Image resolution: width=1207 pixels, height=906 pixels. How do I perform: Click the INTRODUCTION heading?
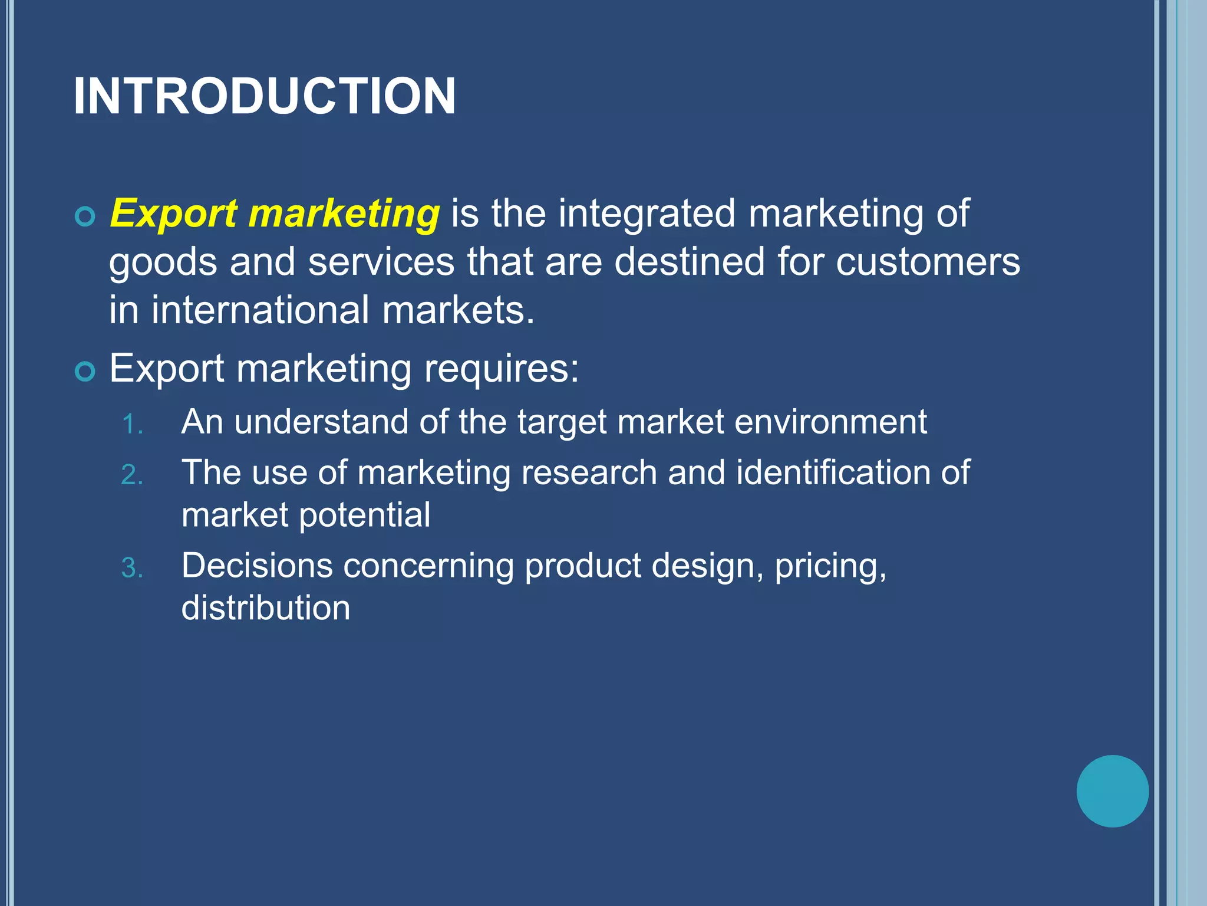[264, 96]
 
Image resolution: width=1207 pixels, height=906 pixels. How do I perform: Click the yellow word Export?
[173, 214]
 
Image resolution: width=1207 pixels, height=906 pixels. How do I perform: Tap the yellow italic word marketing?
[344, 214]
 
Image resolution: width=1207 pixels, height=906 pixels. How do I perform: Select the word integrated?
[647, 214]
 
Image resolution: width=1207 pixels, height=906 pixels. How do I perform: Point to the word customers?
[928, 262]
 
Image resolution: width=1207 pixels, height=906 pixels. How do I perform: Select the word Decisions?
[257, 566]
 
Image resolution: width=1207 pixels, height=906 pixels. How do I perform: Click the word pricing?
[830, 567]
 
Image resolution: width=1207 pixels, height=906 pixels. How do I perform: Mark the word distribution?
[266, 608]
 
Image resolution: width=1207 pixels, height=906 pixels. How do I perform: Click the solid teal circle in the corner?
[1112, 791]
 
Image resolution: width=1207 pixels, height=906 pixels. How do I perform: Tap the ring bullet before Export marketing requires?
[85, 372]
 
